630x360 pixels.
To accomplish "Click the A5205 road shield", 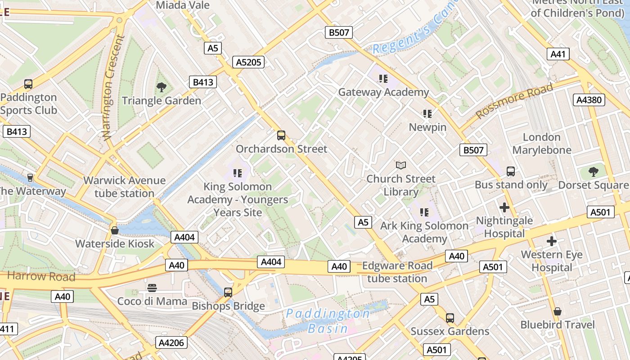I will (248, 62).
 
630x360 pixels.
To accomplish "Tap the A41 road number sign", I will (558, 54).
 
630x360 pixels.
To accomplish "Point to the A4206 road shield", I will (171, 342).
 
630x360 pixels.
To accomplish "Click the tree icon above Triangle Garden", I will (161, 87).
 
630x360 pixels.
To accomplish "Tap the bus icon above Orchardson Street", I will (281, 135).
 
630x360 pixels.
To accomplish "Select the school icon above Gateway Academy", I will (383, 79).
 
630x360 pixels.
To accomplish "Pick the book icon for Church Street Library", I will (400, 166).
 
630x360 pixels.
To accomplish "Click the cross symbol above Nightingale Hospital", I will (504, 207).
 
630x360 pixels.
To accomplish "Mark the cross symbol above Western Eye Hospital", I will (552, 241).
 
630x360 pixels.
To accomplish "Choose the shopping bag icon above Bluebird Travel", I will (558, 311).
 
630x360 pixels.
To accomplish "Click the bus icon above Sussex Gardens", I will (450, 318).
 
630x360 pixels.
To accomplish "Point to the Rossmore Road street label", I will (514, 101).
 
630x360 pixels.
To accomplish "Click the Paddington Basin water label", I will (328, 320).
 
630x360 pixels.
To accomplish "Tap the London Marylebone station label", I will (542, 144).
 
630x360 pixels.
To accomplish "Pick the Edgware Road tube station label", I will (397, 272).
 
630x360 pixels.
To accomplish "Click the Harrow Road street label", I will (41, 276).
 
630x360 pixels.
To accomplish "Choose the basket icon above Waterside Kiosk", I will (115, 230).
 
